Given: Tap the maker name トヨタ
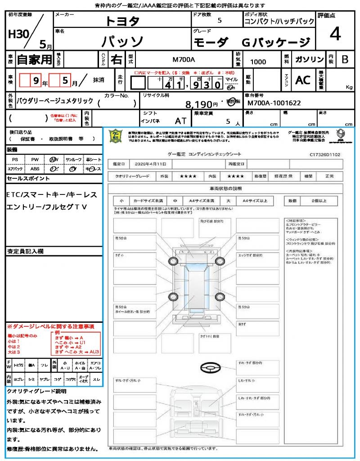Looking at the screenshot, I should pyautogui.click(x=122, y=21).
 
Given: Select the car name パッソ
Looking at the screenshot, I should pyautogui.click(x=122, y=41).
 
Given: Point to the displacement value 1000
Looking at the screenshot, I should pyautogui.click(x=258, y=62).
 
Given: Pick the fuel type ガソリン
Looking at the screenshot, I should pyautogui.click(x=309, y=59).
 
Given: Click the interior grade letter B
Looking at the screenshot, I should pyautogui.click(x=345, y=59).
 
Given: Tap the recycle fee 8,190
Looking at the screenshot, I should pyautogui.click(x=201, y=104).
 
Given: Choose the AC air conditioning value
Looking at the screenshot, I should pyautogui.click(x=303, y=80).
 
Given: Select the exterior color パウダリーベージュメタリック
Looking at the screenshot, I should pyautogui.click(x=55, y=101).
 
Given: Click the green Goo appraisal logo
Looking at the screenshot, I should pyautogui.click(x=116, y=136).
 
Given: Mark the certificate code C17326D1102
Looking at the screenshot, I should pyautogui.click(x=324, y=154).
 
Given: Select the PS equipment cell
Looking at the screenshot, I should pyautogui.click(x=15, y=159).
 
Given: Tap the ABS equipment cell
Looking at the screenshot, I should pyautogui.click(x=35, y=169).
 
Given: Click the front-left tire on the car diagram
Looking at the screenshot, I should pyautogui.click(x=173, y=262).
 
